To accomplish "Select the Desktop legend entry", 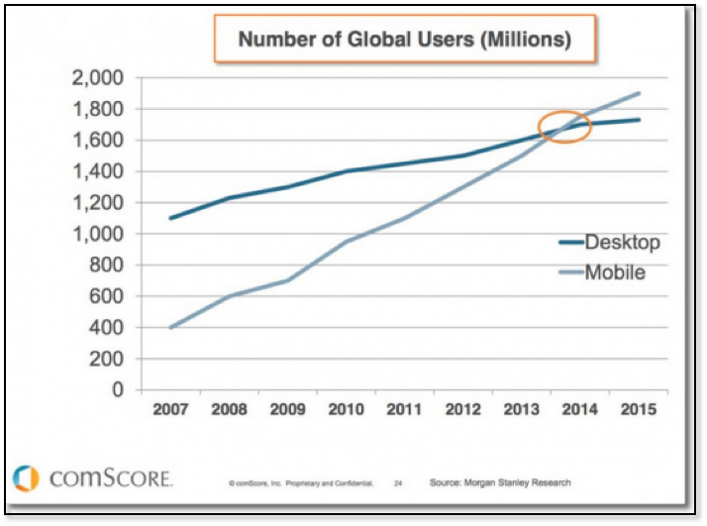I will coord(622,242).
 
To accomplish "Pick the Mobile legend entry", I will coord(615,271).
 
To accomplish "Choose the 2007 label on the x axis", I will coord(171,409).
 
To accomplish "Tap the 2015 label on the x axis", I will coord(637,409).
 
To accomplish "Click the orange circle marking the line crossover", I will coord(564,127).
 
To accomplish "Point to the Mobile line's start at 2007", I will coord(171,328).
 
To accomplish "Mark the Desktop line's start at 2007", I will coord(171,218).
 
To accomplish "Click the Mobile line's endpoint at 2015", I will coord(637,93).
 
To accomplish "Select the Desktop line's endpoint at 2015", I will coord(637,120).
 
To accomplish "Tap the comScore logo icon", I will coord(27,477).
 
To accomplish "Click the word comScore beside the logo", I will coord(110,478).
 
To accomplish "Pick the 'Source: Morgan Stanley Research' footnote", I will coord(500,482).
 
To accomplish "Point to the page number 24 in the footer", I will coord(397,483).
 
